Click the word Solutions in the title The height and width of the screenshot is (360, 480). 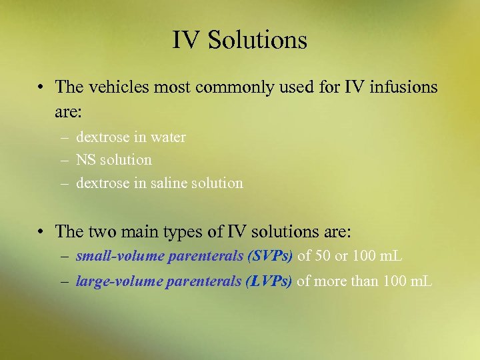[257, 41]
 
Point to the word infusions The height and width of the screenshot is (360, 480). [398, 87]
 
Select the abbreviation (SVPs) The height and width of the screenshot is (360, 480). [270, 255]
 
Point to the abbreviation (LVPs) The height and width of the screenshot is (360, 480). [269, 281]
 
